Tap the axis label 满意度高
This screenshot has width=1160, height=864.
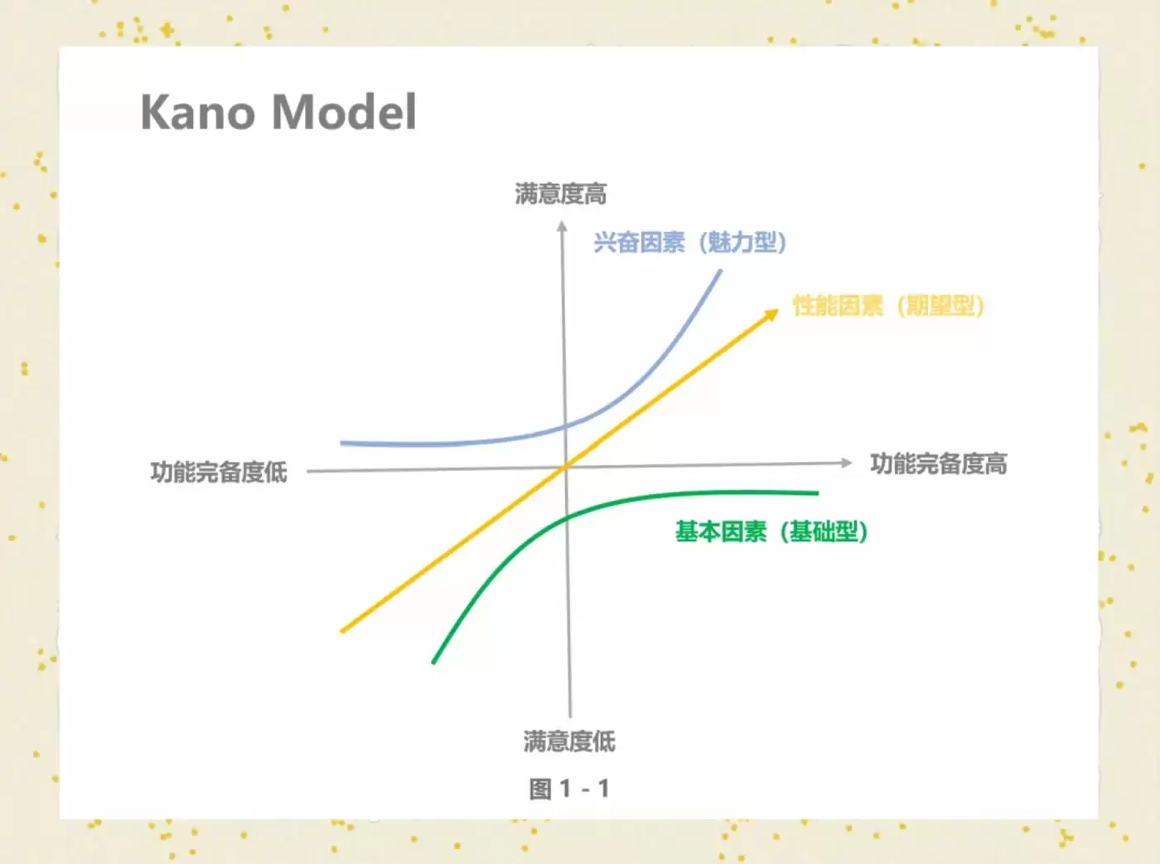561,194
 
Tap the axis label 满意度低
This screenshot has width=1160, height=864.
569,741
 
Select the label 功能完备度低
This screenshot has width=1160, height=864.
219,472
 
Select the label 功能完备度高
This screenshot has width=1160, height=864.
938,464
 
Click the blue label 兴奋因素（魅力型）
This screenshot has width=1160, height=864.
690,242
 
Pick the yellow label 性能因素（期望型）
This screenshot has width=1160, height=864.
888,306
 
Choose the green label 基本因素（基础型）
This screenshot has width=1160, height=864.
771,532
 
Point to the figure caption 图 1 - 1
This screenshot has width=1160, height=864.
569,789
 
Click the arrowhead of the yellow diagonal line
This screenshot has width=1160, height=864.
772,314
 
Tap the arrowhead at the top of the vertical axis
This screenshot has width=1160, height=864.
562,226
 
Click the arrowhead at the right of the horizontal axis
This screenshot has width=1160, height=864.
847,463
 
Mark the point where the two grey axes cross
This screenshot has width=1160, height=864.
566,467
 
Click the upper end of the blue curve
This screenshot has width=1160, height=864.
721,270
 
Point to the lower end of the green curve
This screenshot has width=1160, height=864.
433,663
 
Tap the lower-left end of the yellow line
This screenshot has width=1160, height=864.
342,631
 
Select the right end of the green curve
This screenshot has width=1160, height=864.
818,493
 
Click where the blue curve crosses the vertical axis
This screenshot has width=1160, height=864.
565,427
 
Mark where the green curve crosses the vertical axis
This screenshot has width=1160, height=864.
567,519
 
